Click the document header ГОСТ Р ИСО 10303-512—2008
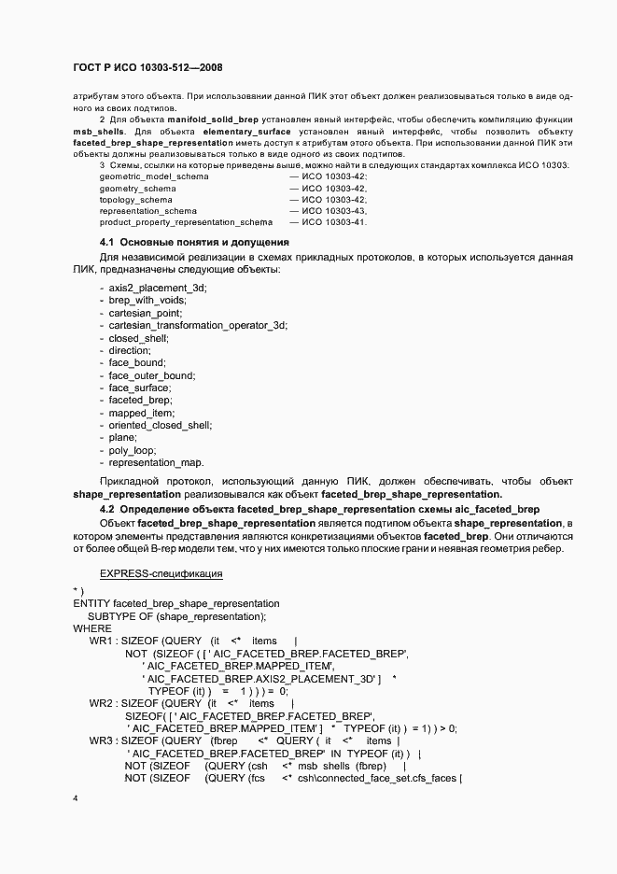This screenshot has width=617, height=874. pos(147,68)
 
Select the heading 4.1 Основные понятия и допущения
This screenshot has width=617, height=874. pos(194,243)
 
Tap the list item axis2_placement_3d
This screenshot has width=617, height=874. pos(158,287)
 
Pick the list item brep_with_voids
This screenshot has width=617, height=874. pos(147,300)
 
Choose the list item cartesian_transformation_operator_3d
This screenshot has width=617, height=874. pos(198,325)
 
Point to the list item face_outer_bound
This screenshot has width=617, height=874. pos(152,375)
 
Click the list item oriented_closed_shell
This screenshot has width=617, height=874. pos(160,425)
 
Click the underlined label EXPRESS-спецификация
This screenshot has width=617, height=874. pos(161,572)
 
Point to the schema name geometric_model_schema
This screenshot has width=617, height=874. pos(154,176)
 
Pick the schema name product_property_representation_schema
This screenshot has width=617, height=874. pos(186,222)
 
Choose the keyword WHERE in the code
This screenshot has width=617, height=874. pos(91,628)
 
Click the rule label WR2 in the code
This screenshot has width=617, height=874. pos(103,703)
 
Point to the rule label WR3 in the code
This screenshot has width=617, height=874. pos(103,740)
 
